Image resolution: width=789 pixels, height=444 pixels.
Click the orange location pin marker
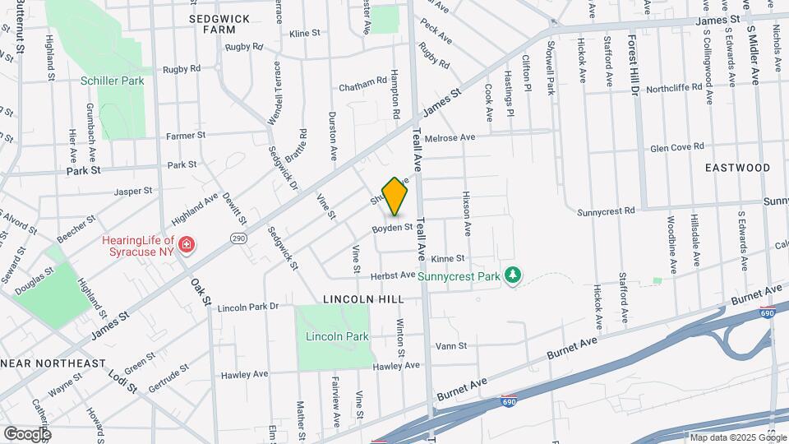point(395,196)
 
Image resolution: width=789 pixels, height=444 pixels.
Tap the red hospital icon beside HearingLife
point(187,245)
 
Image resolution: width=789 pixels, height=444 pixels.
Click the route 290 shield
point(238,238)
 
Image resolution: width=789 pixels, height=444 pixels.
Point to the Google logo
point(27,433)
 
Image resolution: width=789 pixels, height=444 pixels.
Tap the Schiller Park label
point(113,81)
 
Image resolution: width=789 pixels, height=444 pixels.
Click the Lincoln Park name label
point(337,336)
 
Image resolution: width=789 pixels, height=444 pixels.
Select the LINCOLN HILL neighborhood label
point(362,299)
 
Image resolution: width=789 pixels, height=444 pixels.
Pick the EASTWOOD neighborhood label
point(737,168)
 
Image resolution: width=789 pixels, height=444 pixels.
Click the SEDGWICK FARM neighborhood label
point(219,23)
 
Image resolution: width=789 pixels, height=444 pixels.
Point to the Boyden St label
point(390,228)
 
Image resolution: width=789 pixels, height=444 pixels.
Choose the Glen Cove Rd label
point(677,147)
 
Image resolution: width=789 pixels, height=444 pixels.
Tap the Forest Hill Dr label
point(634,66)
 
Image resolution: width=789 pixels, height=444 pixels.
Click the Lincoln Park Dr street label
point(248,307)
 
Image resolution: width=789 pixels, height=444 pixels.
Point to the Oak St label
point(201,291)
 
